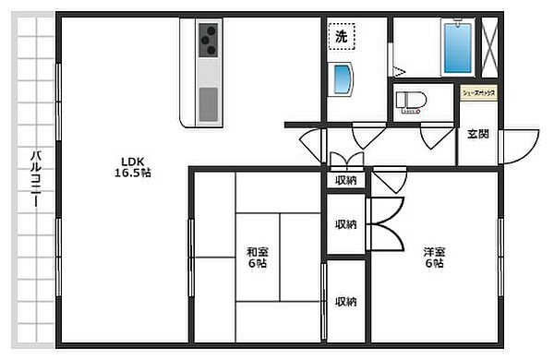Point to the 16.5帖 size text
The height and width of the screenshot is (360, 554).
[x=134, y=173]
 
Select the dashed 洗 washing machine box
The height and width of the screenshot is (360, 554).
[x=342, y=38]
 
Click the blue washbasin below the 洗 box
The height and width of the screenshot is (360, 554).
[x=343, y=79]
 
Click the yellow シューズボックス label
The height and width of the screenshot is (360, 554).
[x=479, y=93]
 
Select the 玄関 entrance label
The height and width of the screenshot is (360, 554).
[x=477, y=135]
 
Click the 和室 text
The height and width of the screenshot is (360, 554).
[x=257, y=251]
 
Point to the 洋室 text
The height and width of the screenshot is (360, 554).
[x=434, y=251]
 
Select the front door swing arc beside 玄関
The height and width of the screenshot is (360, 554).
[x=522, y=143]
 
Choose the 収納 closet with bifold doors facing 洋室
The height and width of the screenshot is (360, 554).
[x=346, y=224]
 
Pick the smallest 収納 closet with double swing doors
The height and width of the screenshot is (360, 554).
[x=346, y=180]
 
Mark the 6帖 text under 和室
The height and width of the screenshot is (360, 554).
[x=257, y=265]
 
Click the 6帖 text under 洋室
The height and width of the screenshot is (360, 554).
[x=434, y=265]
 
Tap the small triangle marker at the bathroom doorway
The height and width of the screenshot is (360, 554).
[x=398, y=69]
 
